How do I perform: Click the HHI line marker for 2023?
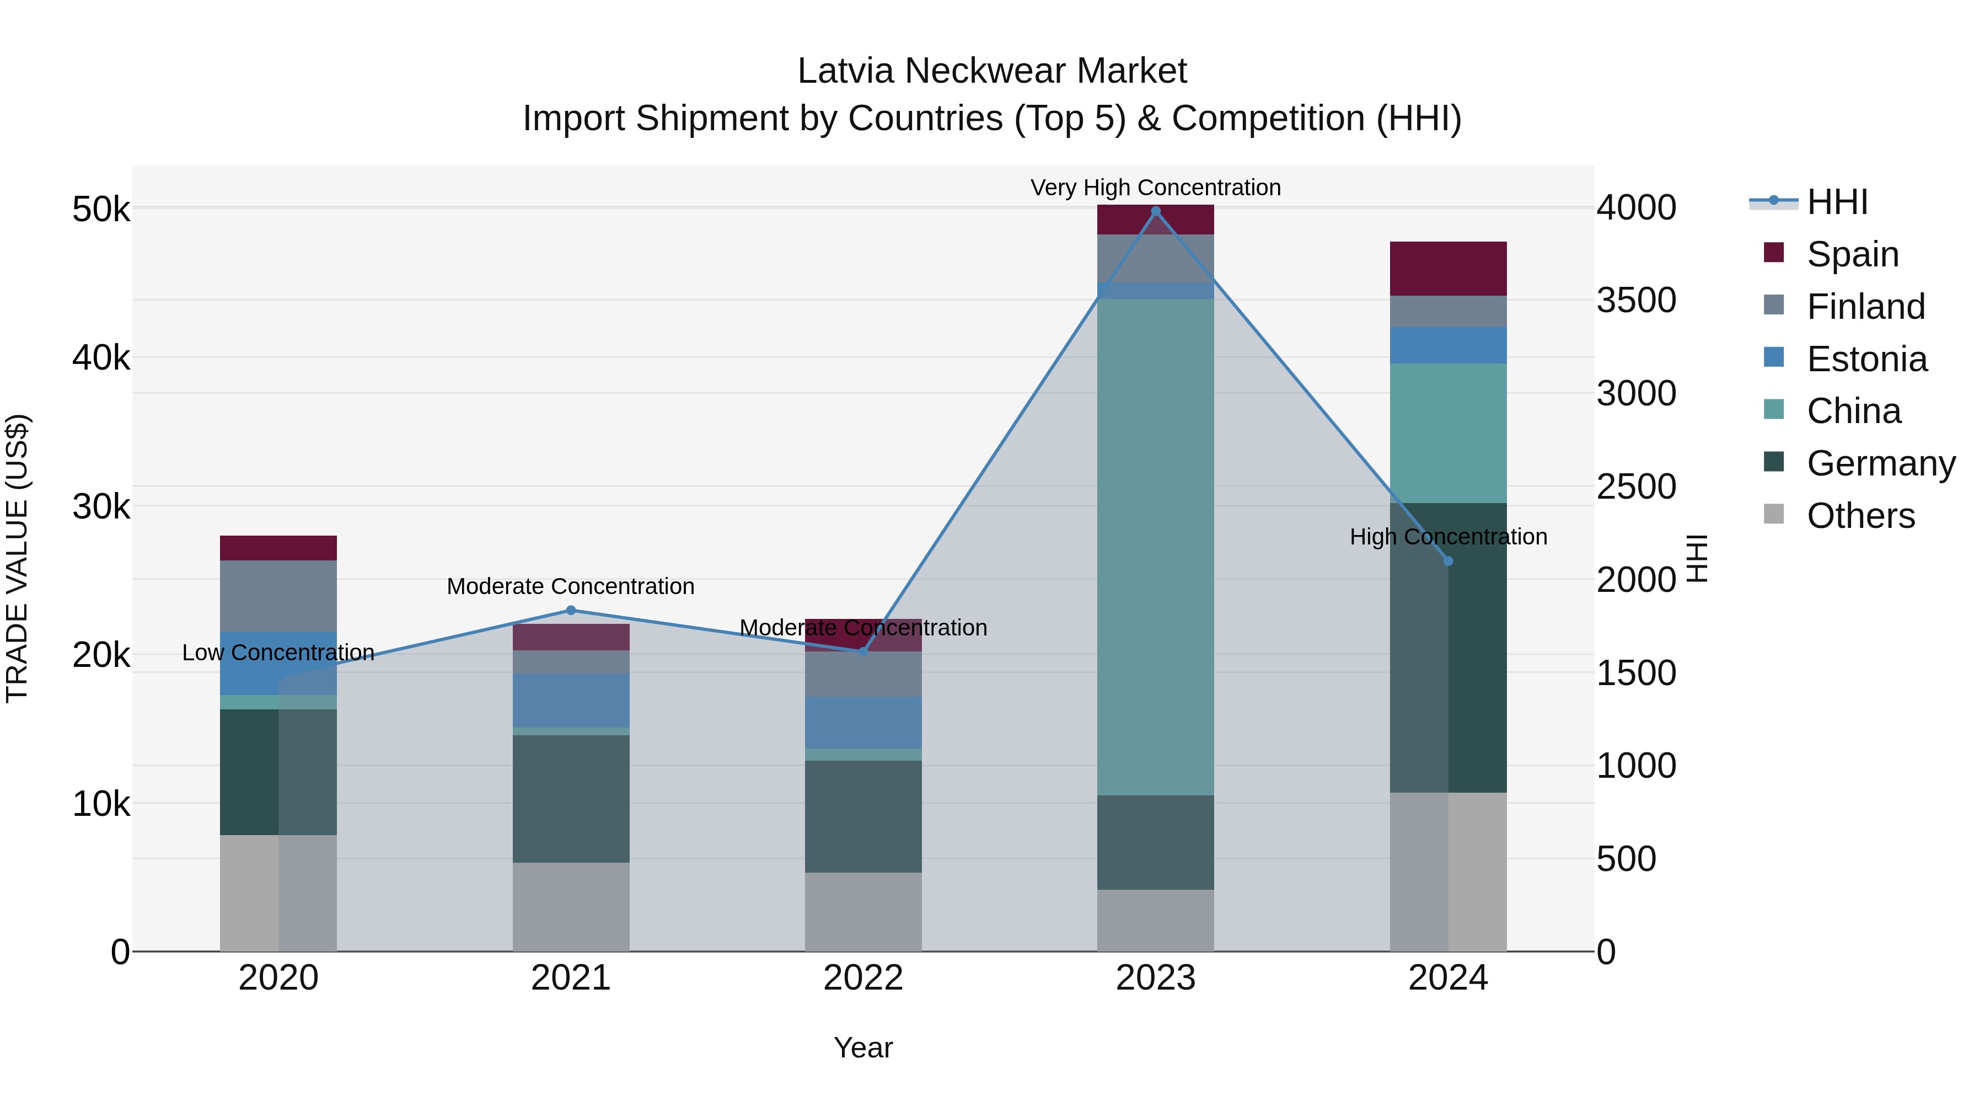coord(1155,211)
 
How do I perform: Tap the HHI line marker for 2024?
coord(1448,561)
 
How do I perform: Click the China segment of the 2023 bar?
coord(1155,547)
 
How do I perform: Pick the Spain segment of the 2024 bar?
coord(1448,268)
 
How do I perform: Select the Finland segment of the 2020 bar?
coord(278,596)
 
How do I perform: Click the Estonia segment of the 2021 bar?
coord(571,700)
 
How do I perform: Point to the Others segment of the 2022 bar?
coord(863,911)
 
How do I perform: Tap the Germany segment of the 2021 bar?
coord(571,799)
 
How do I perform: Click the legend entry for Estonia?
coord(1866,359)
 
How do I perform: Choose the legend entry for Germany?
coord(1880,463)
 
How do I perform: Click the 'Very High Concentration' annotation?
coord(1155,188)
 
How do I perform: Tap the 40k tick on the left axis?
coord(101,357)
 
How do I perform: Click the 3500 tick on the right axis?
coord(1636,301)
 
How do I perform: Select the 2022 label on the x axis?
coord(863,978)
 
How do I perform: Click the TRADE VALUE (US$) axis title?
coord(17,558)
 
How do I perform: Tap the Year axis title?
coord(863,1047)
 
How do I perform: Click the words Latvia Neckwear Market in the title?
coord(992,71)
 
